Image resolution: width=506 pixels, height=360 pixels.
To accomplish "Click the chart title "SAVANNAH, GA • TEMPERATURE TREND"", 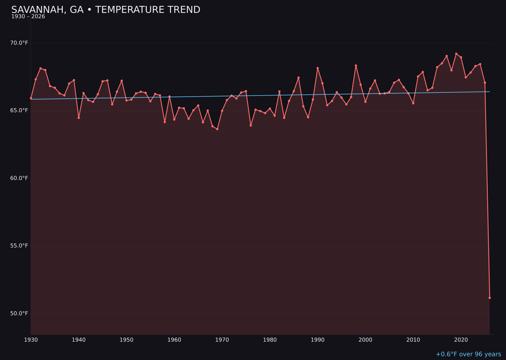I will [x=105, y=10].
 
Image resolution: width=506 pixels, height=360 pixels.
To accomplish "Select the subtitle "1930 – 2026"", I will [x=28, y=17].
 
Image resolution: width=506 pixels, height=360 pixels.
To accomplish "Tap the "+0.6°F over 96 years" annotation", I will [x=468, y=354].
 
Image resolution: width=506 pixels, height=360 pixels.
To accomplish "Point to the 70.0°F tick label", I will [x=19, y=43].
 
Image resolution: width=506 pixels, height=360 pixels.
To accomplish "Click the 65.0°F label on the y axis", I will [x=19, y=111].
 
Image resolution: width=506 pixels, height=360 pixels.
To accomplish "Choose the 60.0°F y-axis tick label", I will [x=19, y=178].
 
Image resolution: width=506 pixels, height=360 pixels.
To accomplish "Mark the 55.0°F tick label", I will [x=19, y=246].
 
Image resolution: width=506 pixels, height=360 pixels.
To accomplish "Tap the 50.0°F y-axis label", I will [x=19, y=313].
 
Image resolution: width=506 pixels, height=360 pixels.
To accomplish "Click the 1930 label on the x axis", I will [x=31, y=340].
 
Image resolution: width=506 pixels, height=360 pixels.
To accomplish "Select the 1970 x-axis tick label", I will [x=222, y=340].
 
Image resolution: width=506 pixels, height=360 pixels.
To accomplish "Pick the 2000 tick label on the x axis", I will [x=365, y=340].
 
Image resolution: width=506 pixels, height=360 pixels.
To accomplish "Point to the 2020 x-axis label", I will [x=461, y=340].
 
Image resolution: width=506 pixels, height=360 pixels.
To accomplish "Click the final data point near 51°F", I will [x=490, y=298].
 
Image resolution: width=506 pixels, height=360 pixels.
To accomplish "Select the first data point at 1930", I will [x=31, y=98].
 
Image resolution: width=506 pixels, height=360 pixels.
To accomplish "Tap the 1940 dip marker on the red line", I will [x=79, y=118].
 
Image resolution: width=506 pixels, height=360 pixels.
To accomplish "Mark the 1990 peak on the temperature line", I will [x=318, y=68].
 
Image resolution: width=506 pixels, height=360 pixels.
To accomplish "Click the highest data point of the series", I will [x=456, y=54].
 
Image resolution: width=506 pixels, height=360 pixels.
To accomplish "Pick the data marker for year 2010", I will [x=413, y=103].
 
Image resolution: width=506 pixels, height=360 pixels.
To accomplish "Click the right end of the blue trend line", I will [x=489, y=91].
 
